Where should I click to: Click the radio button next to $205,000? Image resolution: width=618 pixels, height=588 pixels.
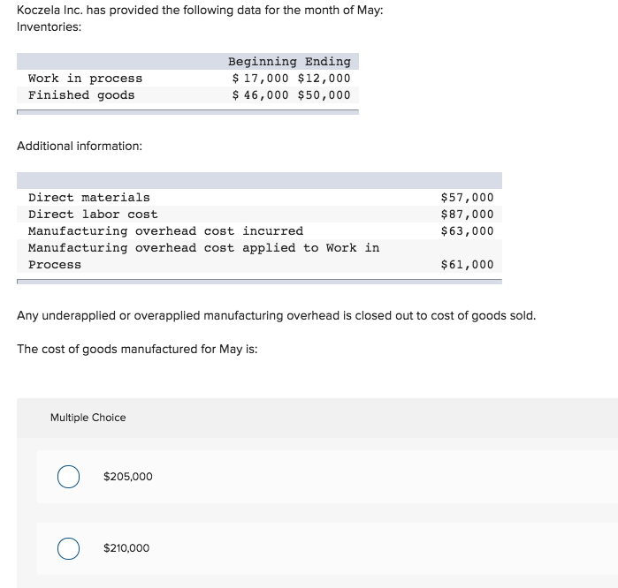pos(68,477)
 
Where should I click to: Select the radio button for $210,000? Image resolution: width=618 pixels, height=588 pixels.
pos(68,548)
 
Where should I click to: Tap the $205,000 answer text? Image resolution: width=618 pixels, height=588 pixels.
pos(127,477)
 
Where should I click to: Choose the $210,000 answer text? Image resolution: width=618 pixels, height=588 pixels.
pos(126,548)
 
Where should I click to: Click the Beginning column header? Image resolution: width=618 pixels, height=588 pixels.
pos(263,62)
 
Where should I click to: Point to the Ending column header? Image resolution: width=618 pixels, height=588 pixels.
pos(328,62)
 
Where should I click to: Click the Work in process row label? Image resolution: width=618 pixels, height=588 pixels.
pos(85,79)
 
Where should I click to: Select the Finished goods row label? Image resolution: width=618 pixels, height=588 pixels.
pos(81,95)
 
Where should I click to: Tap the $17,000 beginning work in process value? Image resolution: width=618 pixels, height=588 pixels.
pos(260,79)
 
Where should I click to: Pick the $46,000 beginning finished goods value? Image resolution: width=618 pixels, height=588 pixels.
pos(260,95)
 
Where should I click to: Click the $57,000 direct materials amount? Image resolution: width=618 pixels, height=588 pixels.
pos(467,198)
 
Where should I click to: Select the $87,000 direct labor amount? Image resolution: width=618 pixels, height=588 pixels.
pos(467,215)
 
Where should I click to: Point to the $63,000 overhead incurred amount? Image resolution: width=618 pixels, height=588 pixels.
pos(467,231)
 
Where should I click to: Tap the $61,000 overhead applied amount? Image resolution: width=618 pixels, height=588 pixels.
pos(467,265)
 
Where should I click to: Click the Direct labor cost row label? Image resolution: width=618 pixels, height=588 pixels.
pos(93,215)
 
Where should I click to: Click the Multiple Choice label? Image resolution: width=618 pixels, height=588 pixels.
pos(88,418)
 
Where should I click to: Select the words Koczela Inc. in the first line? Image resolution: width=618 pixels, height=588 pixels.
pos(47,10)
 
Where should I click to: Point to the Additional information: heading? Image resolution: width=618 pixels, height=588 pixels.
pos(80,146)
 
